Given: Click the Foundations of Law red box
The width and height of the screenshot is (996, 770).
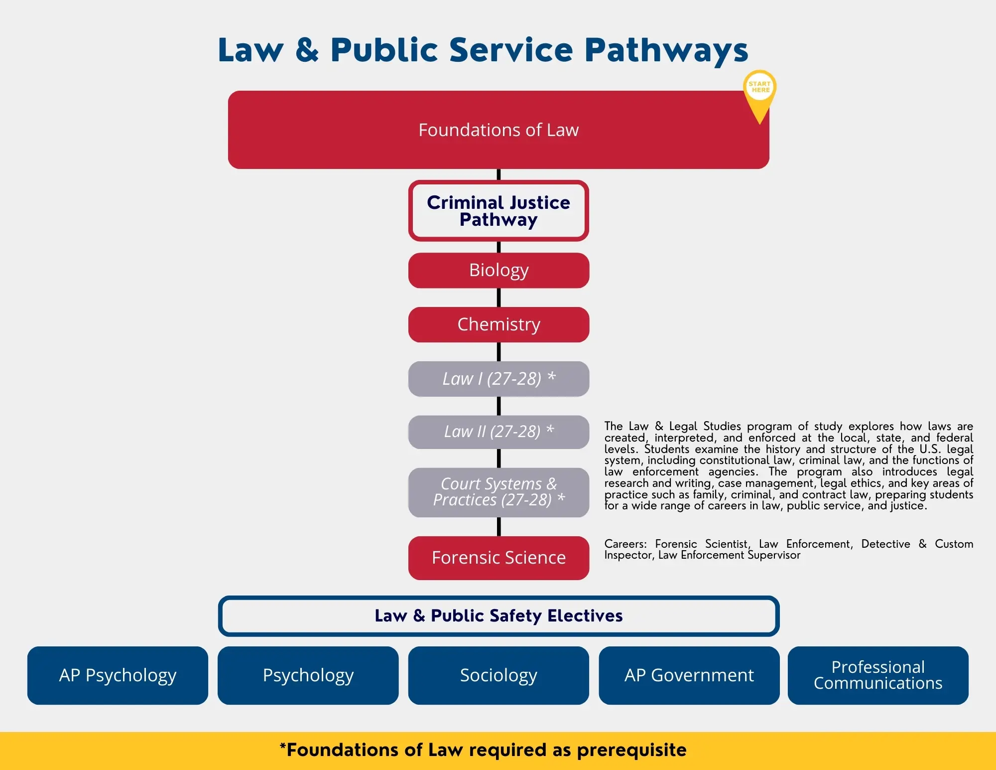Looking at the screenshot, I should click(x=498, y=130).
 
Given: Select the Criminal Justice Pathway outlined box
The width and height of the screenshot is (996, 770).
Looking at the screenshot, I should click(x=498, y=211).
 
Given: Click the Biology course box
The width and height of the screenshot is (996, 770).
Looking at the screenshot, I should click(x=498, y=270).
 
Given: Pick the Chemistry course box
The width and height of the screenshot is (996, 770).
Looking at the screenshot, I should click(x=498, y=324).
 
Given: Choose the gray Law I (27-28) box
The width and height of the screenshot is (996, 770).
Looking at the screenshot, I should click(x=498, y=379).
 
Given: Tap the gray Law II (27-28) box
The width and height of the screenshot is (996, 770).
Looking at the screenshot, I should click(x=498, y=432).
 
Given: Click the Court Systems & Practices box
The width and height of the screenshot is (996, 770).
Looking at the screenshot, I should click(x=498, y=492).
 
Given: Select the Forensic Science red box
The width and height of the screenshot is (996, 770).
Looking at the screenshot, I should click(x=498, y=558).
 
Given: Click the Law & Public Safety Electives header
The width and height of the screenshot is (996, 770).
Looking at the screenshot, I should click(x=498, y=616).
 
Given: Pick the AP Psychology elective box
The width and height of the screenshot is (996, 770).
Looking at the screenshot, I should click(x=118, y=675).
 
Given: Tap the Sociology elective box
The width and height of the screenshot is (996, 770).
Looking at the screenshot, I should click(x=498, y=675).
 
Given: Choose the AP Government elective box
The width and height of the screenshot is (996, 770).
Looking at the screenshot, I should click(x=689, y=675).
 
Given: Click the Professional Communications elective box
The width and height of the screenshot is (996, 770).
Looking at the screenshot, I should click(x=878, y=675).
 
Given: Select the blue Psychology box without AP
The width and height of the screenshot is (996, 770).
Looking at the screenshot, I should click(x=308, y=675).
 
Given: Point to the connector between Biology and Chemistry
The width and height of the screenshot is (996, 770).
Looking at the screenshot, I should click(x=498, y=298).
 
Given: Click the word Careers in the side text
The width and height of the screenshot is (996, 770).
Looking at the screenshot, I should click(x=625, y=544).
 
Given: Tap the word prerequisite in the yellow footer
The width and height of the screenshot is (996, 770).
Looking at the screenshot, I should click(x=631, y=750).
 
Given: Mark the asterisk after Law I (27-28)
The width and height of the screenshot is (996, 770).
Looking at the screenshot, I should click(x=551, y=376).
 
